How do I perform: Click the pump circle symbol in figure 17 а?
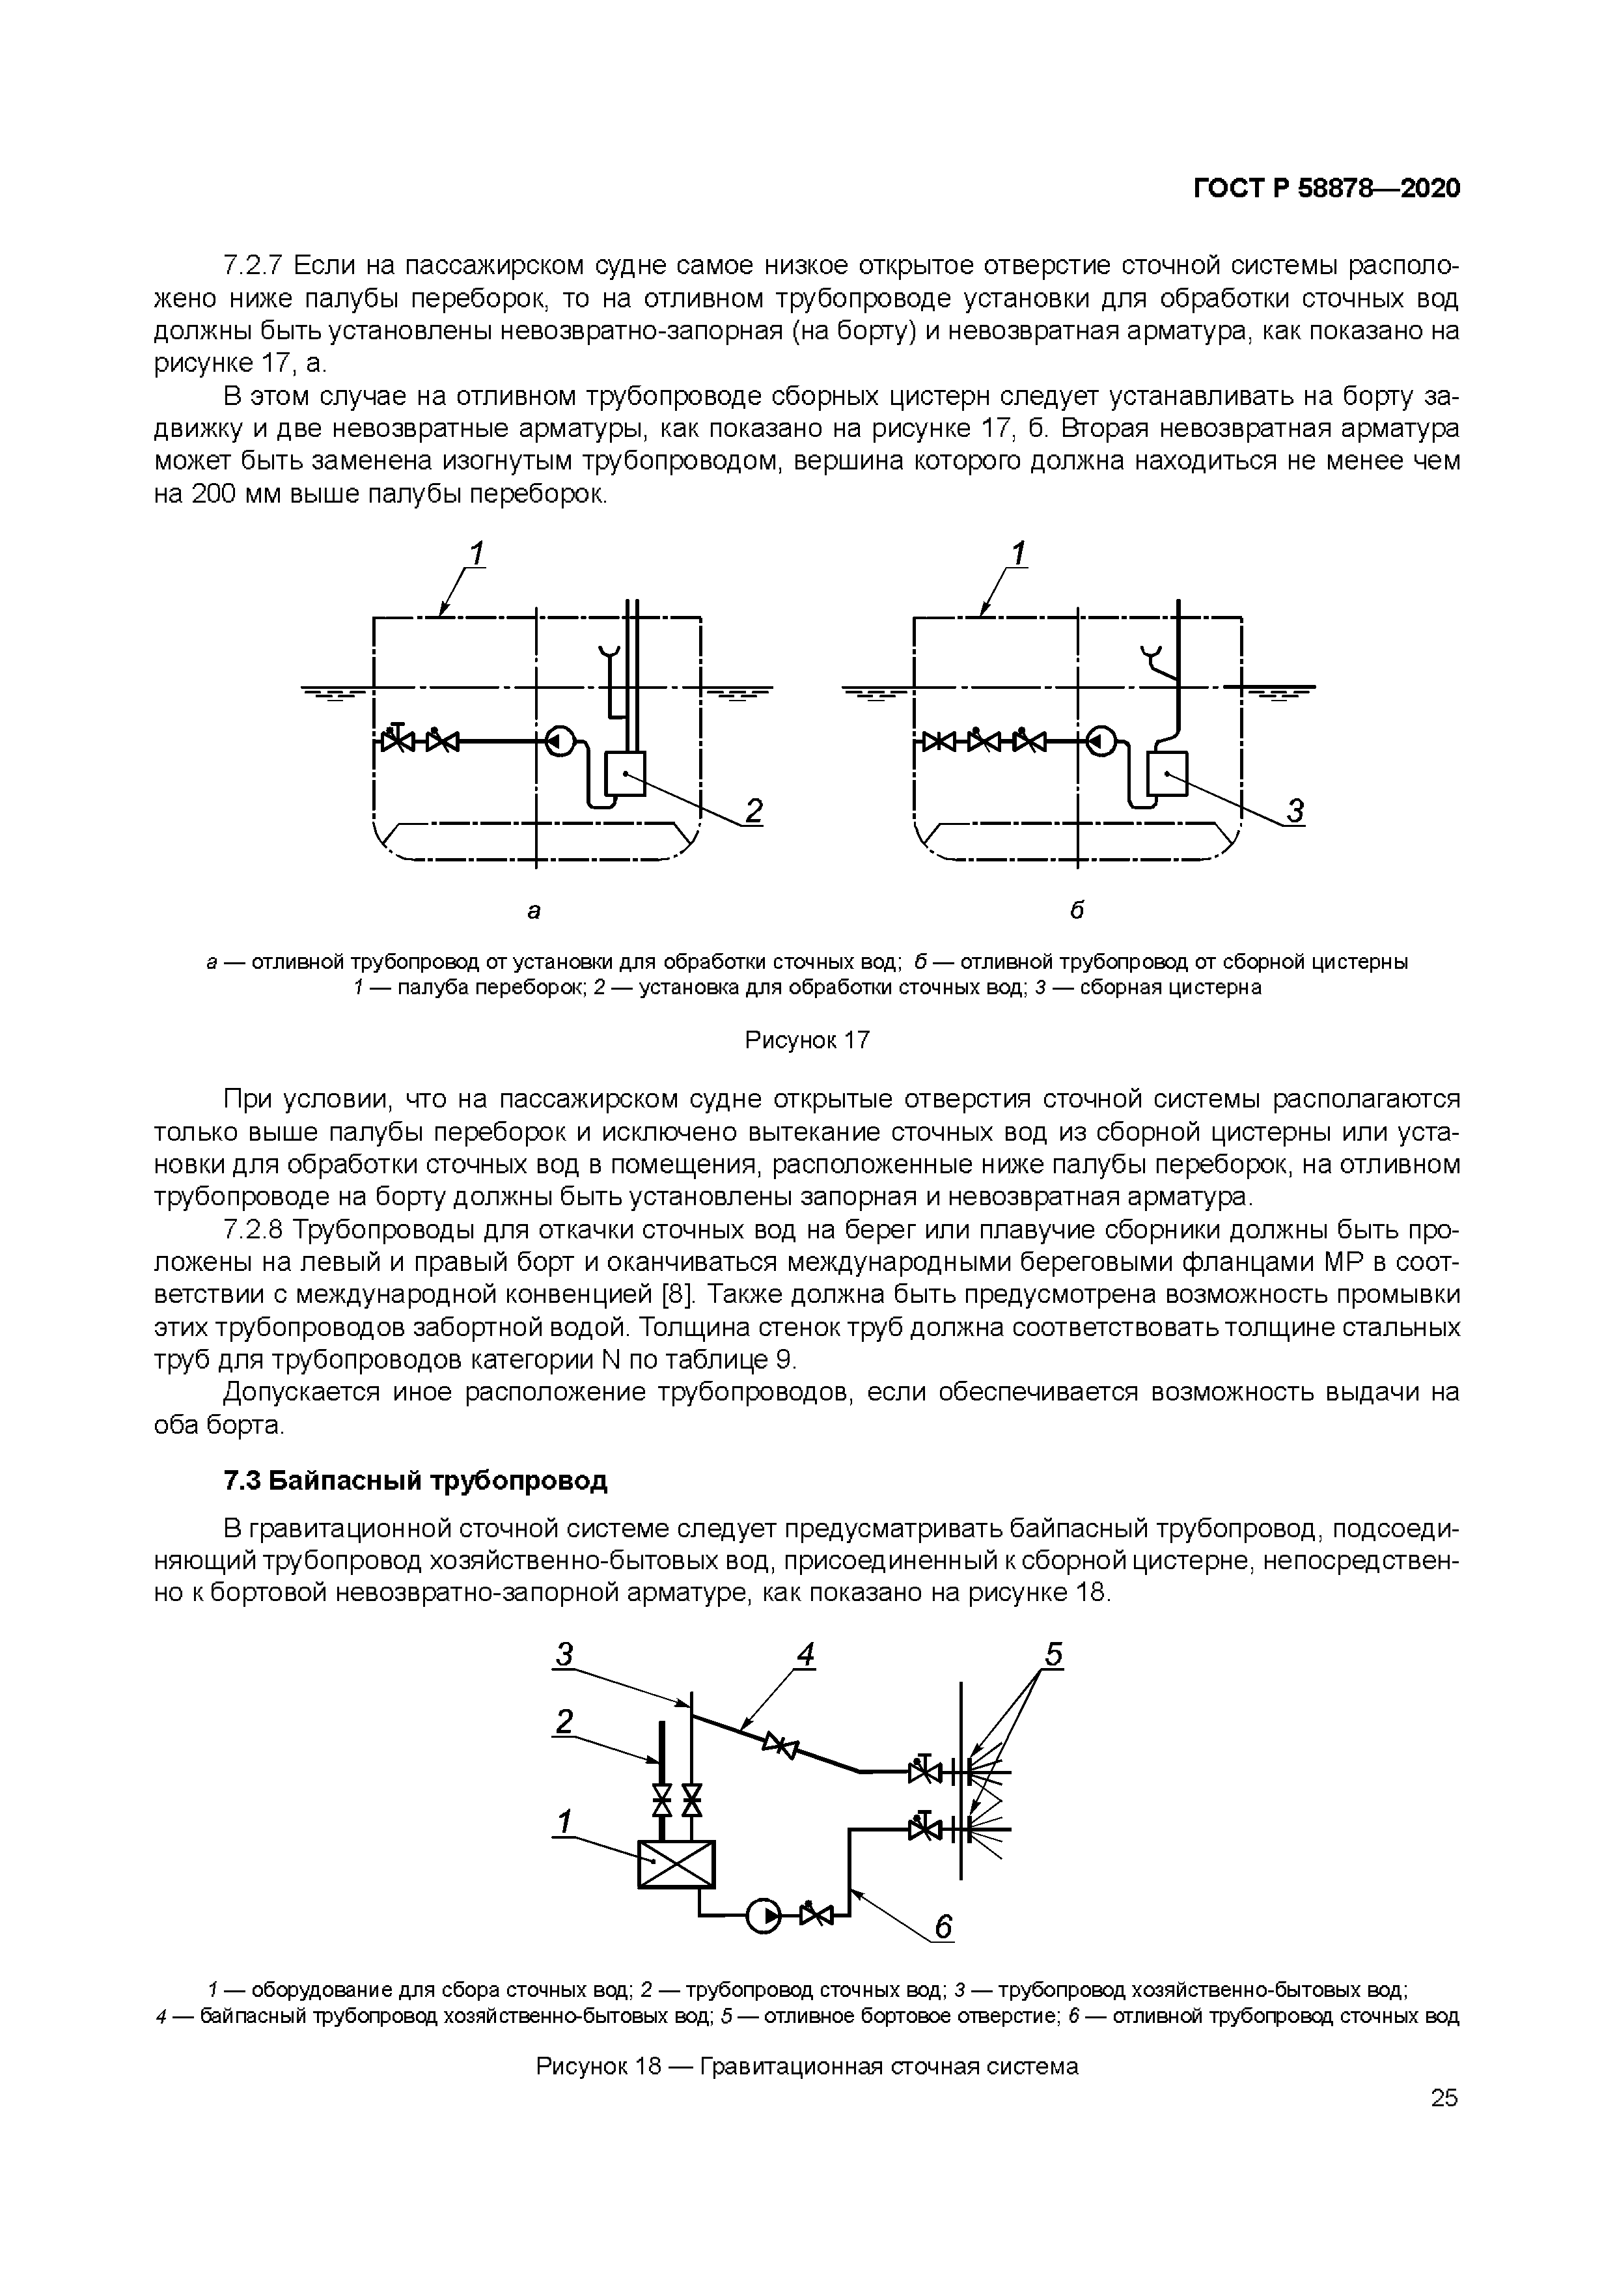pos(560,741)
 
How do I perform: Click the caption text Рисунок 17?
pos(807,1040)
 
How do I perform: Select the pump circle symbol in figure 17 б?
pos(1101,741)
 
